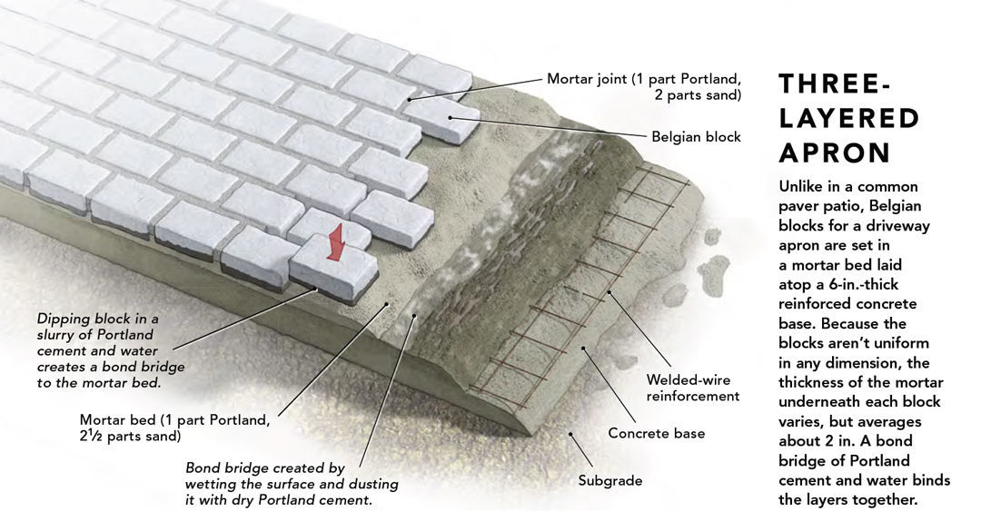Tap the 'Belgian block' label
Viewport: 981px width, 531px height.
click(696, 137)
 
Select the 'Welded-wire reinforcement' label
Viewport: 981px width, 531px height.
click(688, 388)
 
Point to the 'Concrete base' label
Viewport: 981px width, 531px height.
click(656, 433)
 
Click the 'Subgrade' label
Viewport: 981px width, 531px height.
click(609, 480)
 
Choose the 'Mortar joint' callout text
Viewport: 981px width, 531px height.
click(644, 79)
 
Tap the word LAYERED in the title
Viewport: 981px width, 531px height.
click(849, 119)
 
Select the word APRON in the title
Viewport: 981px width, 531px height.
click(834, 152)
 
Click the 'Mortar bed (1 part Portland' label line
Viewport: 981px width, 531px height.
click(174, 420)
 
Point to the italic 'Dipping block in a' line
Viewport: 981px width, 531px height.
click(97, 319)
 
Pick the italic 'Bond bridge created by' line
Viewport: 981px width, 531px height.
click(264, 468)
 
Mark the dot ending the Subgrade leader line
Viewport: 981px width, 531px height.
click(570, 433)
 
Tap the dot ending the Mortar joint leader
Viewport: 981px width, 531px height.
click(410, 98)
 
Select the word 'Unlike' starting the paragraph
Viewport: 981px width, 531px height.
click(804, 186)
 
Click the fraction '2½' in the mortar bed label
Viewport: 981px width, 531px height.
click(92, 437)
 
